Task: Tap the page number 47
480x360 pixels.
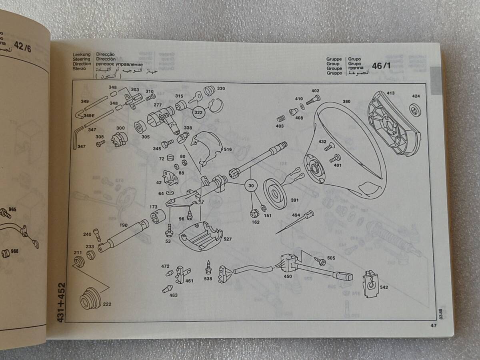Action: (x=433, y=325)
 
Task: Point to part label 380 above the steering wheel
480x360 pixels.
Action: (x=346, y=102)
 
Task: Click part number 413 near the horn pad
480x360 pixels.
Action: (x=390, y=93)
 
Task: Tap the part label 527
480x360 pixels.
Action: (x=228, y=239)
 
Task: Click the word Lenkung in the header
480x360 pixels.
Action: (x=82, y=54)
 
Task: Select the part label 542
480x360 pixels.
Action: (x=384, y=287)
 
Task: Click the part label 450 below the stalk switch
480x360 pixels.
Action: (x=287, y=276)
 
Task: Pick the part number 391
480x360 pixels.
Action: (x=295, y=200)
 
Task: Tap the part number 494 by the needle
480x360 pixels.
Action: (x=296, y=215)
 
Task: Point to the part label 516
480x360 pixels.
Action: (x=228, y=149)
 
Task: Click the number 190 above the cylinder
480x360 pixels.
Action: (x=123, y=225)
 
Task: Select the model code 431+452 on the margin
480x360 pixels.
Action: (x=61, y=303)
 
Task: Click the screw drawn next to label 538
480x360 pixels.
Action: (x=208, y=266)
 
